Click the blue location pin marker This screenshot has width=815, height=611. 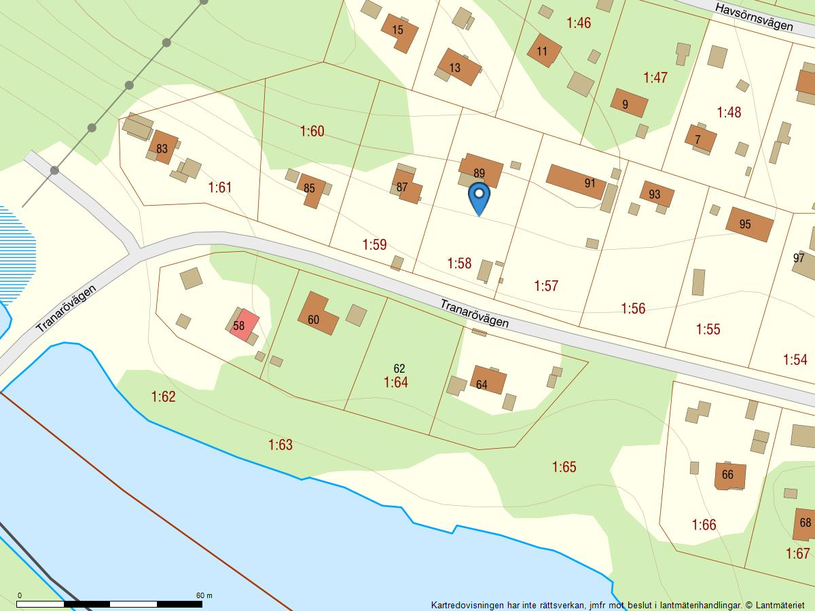tap(479, 195)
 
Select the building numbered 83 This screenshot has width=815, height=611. tap(163, 147)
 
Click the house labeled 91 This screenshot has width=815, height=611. tap(576, 181)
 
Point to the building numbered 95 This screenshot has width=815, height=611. tap(750, 224)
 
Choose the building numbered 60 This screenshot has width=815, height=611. tap(316, 316)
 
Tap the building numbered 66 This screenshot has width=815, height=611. tap(730, 475)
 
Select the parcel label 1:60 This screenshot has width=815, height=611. tap(312, 131)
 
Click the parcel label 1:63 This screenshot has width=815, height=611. tap(280, 445)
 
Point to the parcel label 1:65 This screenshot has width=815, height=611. tap(564, 467)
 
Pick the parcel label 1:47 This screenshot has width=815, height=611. tap(655, 77)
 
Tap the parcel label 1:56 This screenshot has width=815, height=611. tap(633, 309)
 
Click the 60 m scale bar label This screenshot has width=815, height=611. tap(204, 595)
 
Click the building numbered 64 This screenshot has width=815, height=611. tap(487, 381)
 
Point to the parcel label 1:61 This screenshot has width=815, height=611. tap(220, 187)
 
